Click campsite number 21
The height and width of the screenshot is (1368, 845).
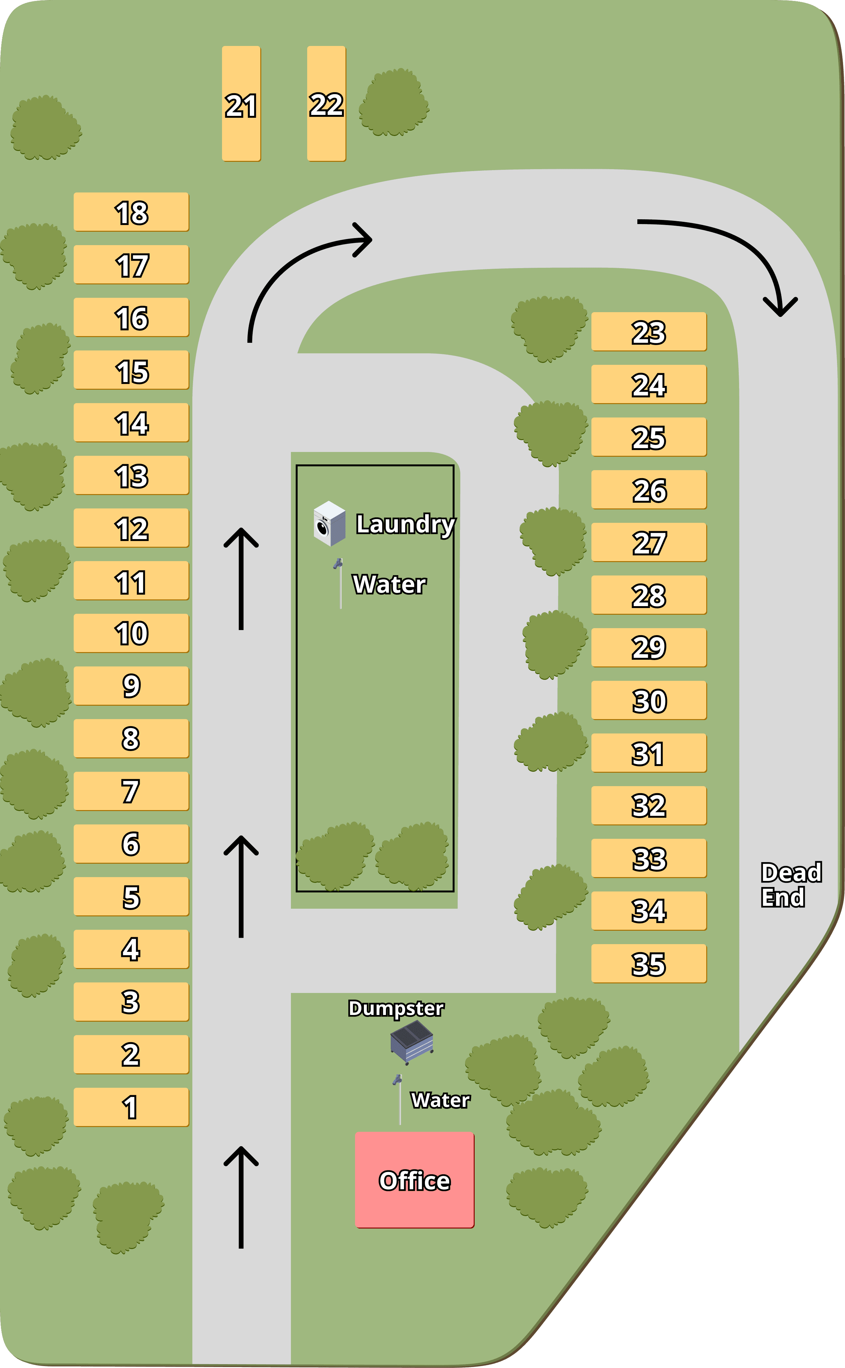pos(241,104)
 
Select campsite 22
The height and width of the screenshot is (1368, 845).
pos(326,104)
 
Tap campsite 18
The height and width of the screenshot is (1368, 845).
pos(131,212)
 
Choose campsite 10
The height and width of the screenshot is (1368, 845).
pos(131,633)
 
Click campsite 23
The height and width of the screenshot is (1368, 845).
pos(649,332)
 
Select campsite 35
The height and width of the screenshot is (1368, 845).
pos(649,963)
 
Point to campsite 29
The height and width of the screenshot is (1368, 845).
pos(649,647)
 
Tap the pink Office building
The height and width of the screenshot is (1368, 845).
pos(415,1180)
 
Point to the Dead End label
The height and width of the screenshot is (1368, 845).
pos(790,884)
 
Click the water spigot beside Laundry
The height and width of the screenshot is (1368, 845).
pos(339,582)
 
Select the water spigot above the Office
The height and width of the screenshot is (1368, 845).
pos(398,1099)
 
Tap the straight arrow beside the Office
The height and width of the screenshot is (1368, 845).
pos(241,1196)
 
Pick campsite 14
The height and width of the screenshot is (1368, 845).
pos(131,423)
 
